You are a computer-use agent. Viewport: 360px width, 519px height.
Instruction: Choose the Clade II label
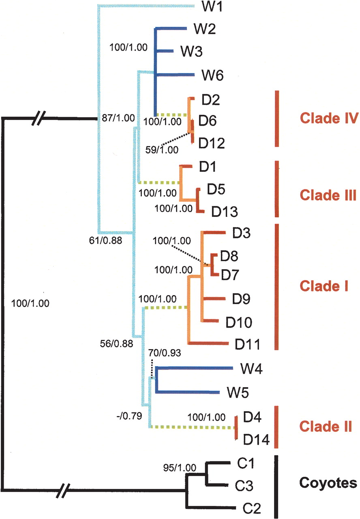[x=326, y=426]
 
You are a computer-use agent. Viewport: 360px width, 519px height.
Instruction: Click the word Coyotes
[x=328, y=483]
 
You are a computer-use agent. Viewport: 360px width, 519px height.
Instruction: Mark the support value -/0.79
[x=130, y=416]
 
